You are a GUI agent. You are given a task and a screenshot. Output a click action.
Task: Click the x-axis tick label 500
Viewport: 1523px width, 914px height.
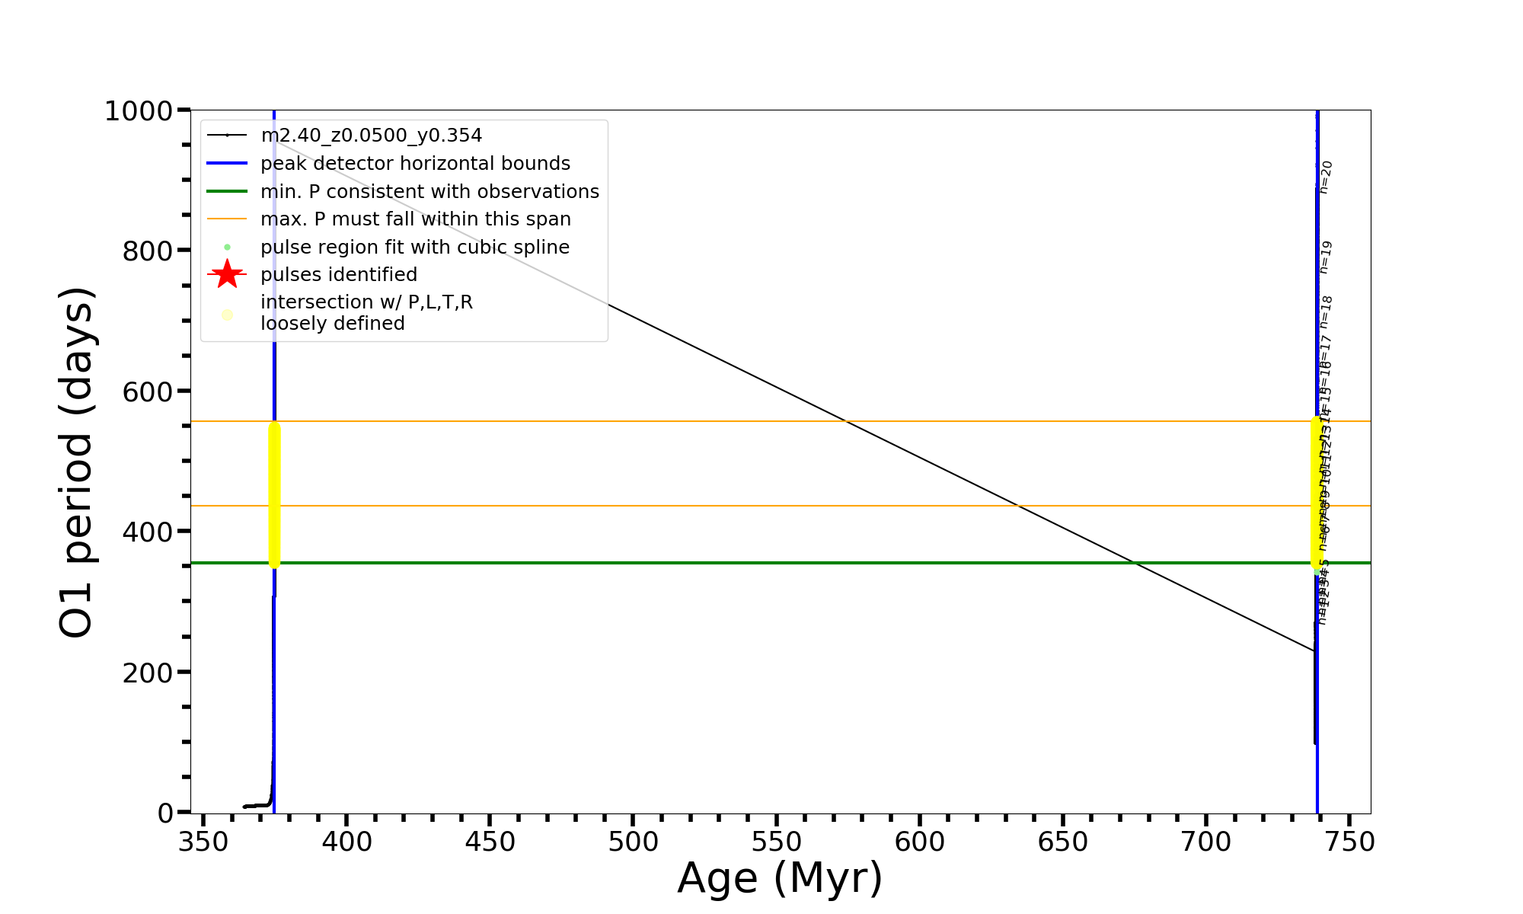[x=633, y=842]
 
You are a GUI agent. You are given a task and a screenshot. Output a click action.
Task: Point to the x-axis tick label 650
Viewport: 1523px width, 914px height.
[x=1063, y=842]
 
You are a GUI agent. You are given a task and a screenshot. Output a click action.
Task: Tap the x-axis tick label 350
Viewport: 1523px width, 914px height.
[x=203, y=842]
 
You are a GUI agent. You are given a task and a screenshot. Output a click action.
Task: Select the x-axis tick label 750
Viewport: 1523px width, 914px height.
[x=1349, y=842]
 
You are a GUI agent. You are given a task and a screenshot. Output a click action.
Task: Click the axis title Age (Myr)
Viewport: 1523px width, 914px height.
[x=780, y=878]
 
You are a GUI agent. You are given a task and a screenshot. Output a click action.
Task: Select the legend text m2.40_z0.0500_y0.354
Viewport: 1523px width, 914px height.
[x=371, y=136]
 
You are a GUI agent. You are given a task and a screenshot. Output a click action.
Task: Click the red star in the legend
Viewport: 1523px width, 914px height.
[x=227, y=274]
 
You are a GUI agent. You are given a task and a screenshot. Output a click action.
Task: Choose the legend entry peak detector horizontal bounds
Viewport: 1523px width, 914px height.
[x=415, y=164]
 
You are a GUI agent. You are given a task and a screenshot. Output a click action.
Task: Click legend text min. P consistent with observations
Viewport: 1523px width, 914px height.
[x=429, y=191]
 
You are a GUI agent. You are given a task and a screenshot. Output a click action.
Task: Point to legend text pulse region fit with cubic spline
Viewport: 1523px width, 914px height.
[x=414, y=248]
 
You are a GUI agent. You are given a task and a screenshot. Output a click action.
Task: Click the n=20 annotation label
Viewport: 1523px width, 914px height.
[x=1326, y=177]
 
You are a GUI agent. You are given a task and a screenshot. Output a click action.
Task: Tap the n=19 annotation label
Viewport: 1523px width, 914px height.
[x=1326, y=257]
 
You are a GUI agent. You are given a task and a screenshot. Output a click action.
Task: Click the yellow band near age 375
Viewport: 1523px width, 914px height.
[x=274, y=495]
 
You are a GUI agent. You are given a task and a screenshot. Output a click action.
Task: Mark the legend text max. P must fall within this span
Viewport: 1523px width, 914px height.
[x=415, y=219]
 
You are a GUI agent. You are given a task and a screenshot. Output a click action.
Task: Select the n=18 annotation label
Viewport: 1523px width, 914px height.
[x=1327, y=312]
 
